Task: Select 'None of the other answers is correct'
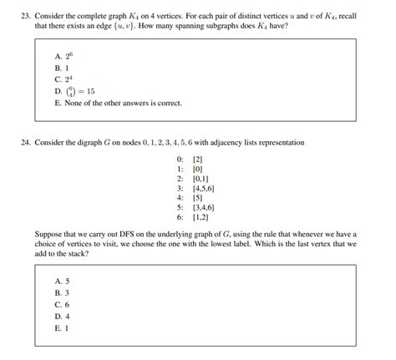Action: pyautogui.click(x=117, y=104)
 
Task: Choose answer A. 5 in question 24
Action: pyautogui.click(x=61, y=281)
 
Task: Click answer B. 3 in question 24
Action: pyautogui.click(x=61, y=293)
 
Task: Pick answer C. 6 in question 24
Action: pyautogui.click(x=61, y=305)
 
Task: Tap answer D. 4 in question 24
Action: pyautogui.click(x=61, y=317)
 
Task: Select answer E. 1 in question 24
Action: pyautogui.click(x=61, y=328)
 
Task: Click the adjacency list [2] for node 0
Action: pyautogui.click(x=198, y=159)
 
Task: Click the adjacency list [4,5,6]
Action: pyautogui.click(x=205, y=188)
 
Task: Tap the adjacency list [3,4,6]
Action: pyautogui.click(x=205, y=208)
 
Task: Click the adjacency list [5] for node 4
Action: pyautogui.click(x=198, y=198)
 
